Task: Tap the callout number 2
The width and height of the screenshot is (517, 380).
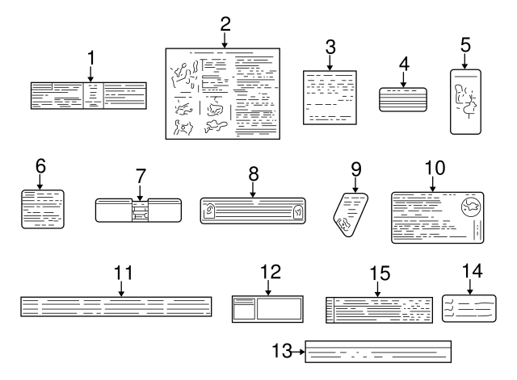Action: click(x=224, y=24)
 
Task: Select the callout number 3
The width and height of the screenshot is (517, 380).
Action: click(x=330, y=46)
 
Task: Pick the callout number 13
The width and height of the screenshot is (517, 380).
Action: click(x=281, y=352)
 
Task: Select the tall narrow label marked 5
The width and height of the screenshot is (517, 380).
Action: click(x=466, y=101)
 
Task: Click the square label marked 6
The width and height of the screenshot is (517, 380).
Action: click(x=42, y=208)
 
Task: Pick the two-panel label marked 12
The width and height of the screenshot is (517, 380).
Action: click(x=267, y=309)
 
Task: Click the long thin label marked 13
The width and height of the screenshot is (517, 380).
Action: click(x=378, y=353)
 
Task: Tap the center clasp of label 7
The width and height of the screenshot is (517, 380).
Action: click(x=140, y=211)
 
